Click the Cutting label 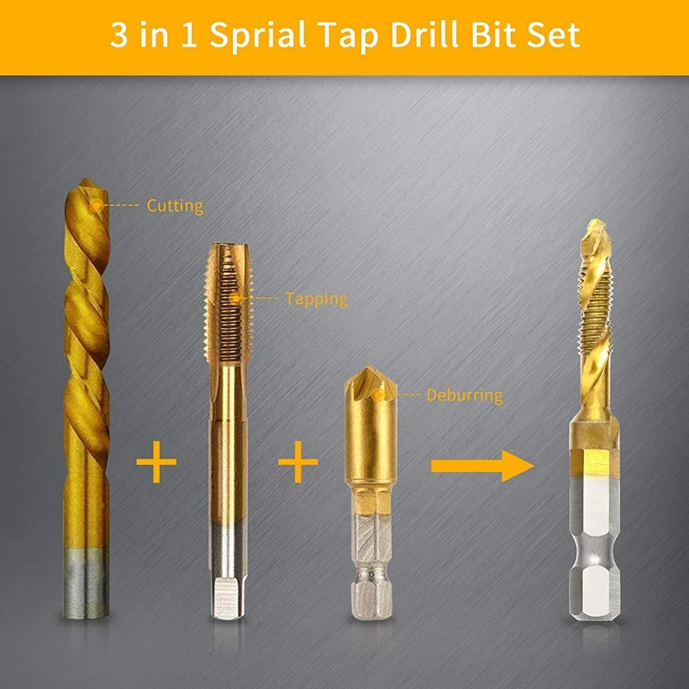coord(175,206)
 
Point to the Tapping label coord(316,300)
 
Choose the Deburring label coord(464,396)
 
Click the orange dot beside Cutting coord(97,205)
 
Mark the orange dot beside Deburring coord(380,395)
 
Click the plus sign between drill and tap coord(157,466)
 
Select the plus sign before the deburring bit coord(298,466)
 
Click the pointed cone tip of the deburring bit coord(369,383)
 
